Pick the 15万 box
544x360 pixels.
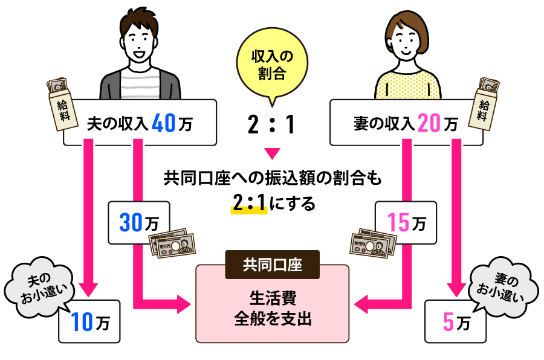pyautogui.click(x=405, y=223)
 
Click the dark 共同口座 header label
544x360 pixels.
pyautogui.click(x=272, y=264)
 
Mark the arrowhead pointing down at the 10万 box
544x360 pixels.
pyautogui.click(x=89, y=288)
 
